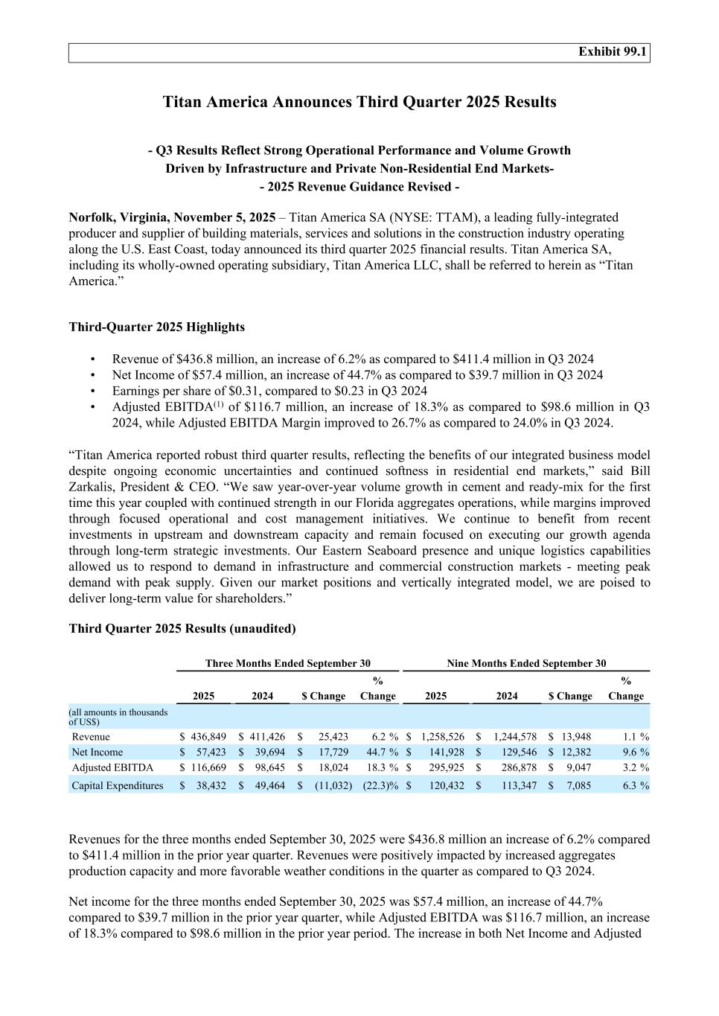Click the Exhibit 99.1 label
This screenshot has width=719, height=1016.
(x=613, y=51)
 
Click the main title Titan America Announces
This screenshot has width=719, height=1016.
(x=359, y=102)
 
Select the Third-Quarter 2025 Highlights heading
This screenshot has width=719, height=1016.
(x=156, y=327)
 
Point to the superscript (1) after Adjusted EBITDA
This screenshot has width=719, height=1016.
(x=219, y=405)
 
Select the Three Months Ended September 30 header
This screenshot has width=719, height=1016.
(x=287, y=663)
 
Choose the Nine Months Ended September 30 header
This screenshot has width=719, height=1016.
(x=526, y=663)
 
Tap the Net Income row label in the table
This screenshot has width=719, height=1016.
(x=98, y=753)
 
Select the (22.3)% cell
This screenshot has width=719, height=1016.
(x=380, y=785)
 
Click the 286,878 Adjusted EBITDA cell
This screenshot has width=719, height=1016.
(x=519, y=767)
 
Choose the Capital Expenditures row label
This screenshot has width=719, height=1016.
(x=118, y=785)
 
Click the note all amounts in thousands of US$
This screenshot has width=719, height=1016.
(x=118, y=717)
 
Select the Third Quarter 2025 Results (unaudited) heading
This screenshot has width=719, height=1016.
(x=182, y=629)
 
